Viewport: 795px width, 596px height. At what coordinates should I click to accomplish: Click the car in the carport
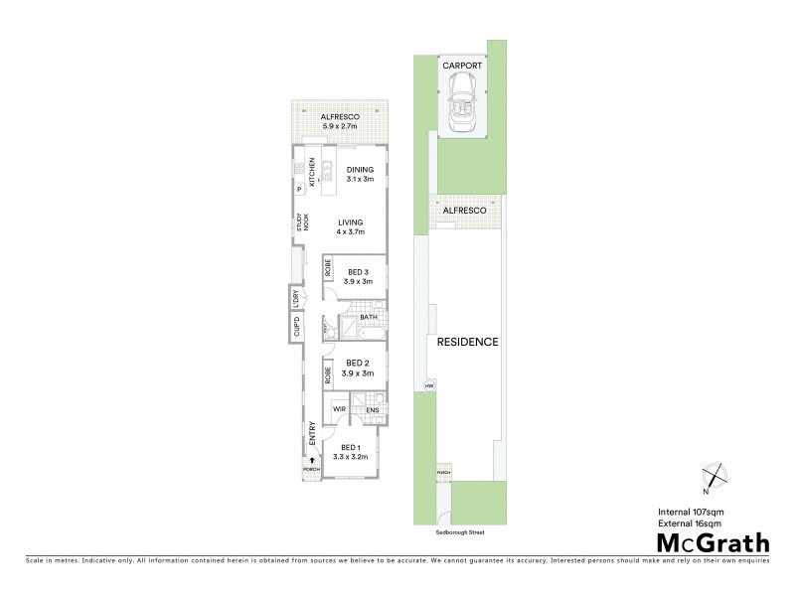click(462, 105)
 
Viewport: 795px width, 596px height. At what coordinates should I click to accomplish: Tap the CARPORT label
click(462, 67)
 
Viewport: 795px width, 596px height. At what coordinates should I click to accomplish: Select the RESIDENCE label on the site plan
click(467, 341)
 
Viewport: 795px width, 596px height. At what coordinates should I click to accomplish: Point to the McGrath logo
click(713, 542)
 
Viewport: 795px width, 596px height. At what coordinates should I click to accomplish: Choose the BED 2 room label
click(357, 368)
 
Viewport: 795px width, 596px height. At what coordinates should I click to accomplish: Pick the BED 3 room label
click(357, 277)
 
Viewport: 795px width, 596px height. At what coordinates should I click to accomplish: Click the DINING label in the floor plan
click(360, 174)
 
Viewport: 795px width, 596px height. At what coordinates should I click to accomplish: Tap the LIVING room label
click(351, 226)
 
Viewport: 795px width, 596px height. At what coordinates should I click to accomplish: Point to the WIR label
click(338, 408)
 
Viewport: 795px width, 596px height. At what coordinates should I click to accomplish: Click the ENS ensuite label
click(373, 409)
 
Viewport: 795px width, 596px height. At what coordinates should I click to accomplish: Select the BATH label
click(368, 318)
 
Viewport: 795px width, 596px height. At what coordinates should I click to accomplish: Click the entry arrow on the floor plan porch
click(313, 460)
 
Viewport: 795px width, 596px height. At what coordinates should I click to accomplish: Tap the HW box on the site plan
click(430, 385)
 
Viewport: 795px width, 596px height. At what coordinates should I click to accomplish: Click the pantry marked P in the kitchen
click(298, 189)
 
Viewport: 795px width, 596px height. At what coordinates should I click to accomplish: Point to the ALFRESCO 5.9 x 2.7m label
click(340, 122)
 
